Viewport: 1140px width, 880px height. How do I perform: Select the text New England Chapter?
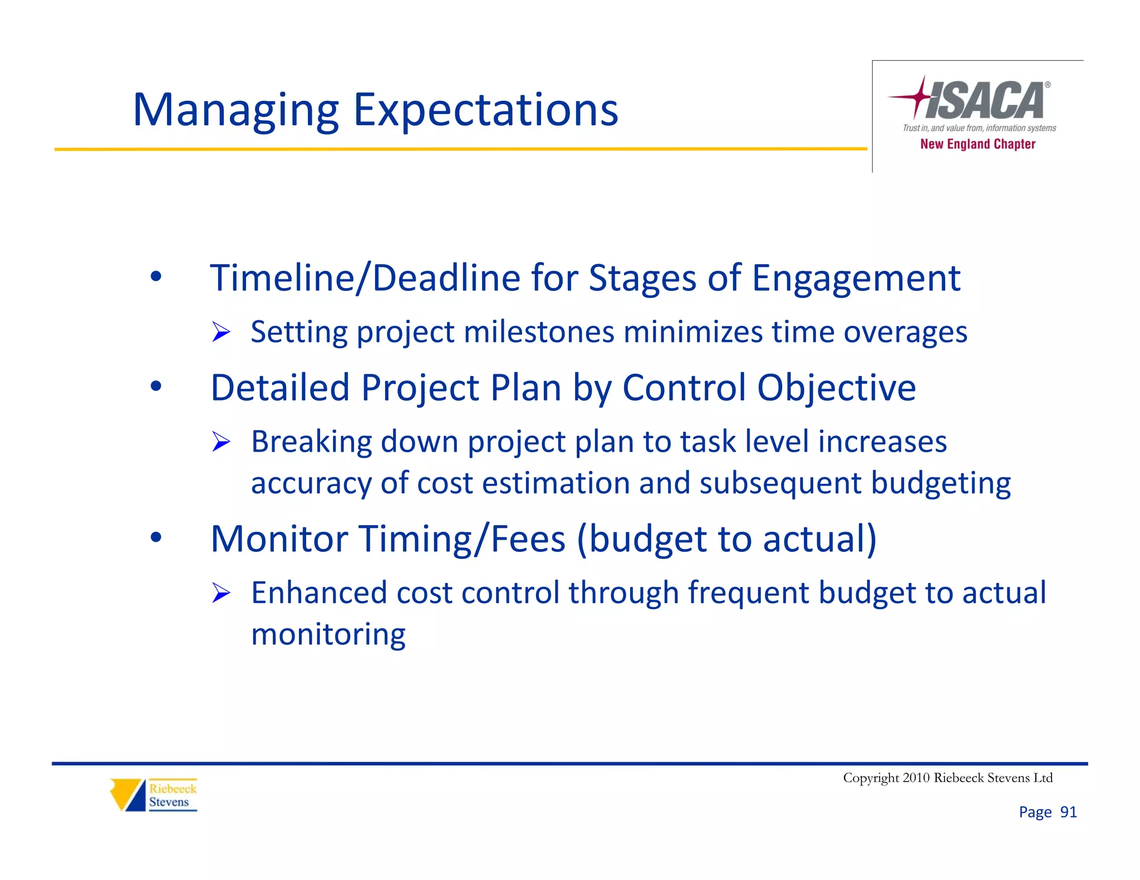coord(977,144)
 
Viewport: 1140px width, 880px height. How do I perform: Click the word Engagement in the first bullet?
coord(856,278)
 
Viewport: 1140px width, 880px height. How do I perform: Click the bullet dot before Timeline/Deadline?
coord(156,276)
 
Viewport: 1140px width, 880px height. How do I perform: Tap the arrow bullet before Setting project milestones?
coord(221,333)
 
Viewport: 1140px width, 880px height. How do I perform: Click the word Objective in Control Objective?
coord(836,388)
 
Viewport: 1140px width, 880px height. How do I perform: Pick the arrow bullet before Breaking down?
coord(221,442)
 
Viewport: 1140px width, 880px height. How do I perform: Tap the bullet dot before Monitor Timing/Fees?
coord(156,537)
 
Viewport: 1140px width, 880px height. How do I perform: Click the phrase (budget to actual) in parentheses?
coord(726,539)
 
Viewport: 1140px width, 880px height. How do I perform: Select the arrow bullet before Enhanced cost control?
coord(221,594)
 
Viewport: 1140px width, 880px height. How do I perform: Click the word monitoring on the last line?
coord(328,635)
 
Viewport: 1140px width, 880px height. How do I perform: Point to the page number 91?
coord(1068,812)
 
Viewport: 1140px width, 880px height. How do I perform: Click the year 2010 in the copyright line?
coord(916,778)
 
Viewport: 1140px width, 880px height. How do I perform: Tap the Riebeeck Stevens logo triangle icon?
coord(127,794)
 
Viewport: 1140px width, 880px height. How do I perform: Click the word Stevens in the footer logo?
coord(169,802)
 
